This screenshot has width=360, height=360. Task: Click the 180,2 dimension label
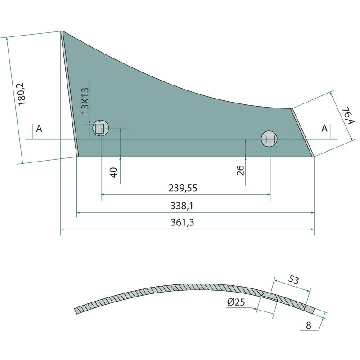point(22,94)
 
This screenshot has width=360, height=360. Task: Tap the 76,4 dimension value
point(347,116)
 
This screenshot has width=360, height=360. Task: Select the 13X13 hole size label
point(85,101)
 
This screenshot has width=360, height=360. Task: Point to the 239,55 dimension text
point(183,188)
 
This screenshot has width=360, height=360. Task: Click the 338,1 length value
point(182,206)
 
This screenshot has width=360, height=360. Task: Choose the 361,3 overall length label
point(182,222)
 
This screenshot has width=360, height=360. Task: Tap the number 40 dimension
point(114,172)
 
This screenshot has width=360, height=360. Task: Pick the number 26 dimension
point(240,171)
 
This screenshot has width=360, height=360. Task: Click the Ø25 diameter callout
point(236,302)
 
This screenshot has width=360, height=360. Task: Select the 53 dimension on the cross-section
point(294,279)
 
